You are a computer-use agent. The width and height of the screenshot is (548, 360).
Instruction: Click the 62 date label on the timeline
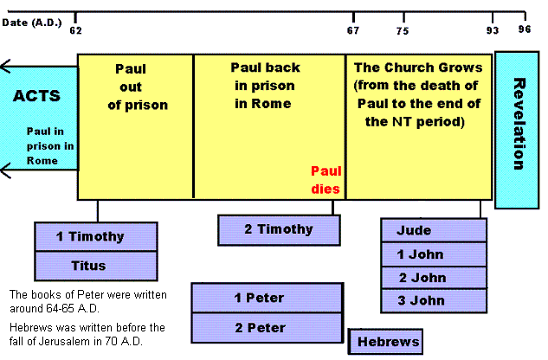76,29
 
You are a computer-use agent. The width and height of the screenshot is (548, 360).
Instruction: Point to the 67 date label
353,29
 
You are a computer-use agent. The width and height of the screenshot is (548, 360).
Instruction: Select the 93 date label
493,29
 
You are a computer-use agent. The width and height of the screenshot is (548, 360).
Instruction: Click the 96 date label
525,29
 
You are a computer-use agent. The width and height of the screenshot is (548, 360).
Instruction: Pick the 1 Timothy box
95,236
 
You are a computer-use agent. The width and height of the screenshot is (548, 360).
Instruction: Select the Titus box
95,267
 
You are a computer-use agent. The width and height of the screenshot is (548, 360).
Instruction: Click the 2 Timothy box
278,229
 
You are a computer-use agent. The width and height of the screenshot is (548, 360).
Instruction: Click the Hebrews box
386,342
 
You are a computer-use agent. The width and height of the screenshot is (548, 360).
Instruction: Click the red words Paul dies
326,179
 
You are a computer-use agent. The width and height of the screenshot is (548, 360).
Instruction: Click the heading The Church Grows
419,67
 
